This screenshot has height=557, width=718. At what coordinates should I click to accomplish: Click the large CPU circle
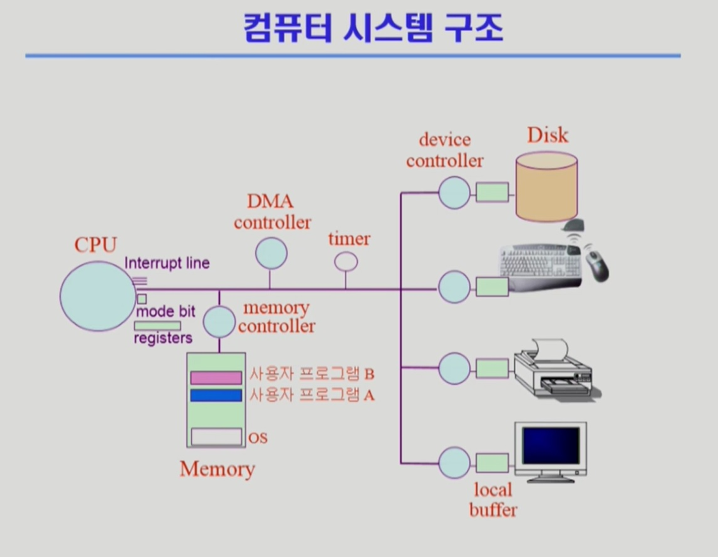coord(98,296)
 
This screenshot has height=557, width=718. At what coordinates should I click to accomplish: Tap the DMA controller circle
coord(271,253)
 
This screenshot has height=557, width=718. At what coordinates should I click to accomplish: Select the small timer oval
coord(345,262)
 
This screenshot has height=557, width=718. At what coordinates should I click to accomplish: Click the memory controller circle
coord(219,322)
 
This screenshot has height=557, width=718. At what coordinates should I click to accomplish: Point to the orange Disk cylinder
coord(547,187)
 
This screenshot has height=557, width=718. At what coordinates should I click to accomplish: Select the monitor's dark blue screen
coord(551,446)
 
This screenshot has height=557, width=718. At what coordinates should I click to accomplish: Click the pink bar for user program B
coord(216,378)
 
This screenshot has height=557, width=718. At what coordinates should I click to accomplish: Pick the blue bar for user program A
coord(216,395)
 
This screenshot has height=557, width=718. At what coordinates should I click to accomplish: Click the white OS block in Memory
coord(217,437)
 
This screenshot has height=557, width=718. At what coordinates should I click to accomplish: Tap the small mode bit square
coord(142,299)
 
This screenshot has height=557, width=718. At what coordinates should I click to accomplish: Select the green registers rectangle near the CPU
coord(157,326)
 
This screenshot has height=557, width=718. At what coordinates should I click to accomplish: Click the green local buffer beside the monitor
coord(492,463)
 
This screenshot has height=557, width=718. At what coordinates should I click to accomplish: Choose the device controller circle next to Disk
coord(454,193)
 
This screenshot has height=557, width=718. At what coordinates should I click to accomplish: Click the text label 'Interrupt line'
coord(167,263)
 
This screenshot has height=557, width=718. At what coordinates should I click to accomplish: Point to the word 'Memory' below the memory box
coord(218,469)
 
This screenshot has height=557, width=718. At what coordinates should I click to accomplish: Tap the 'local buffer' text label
coord(493,500)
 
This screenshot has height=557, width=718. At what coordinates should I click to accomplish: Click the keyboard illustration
coord(541,267)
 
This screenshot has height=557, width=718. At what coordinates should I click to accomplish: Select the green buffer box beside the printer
coord(492,368)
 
